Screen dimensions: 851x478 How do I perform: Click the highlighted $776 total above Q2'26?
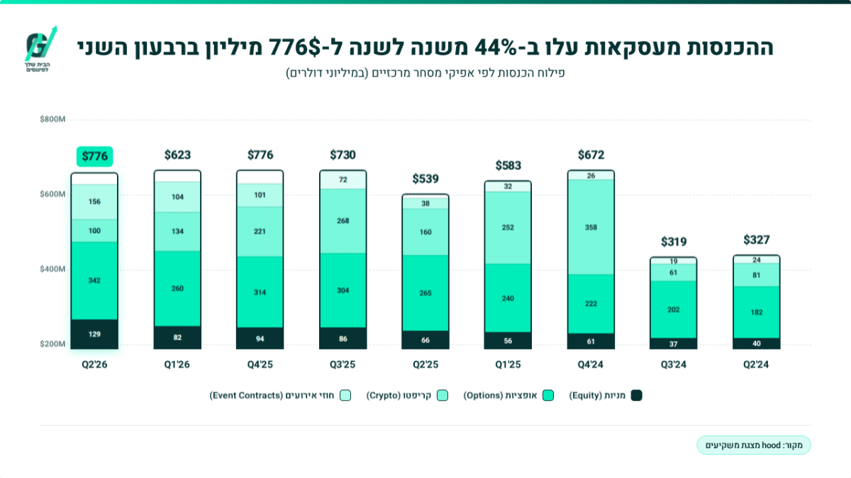94,157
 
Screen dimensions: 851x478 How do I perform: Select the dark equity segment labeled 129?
94,334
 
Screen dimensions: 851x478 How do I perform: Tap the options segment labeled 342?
94,280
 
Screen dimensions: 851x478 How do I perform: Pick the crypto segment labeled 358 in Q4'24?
591,227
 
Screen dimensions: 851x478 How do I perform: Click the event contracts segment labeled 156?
94,202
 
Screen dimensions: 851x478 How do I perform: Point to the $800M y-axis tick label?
52,120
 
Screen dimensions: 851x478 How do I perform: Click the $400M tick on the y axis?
52,269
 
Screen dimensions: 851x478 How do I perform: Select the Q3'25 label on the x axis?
343,365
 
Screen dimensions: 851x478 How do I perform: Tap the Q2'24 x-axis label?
756,365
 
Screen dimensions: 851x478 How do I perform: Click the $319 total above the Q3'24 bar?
674,241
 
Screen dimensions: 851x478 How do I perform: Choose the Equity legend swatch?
636,395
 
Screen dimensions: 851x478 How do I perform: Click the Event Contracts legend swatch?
345,395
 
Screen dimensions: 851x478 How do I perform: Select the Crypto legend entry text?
399,395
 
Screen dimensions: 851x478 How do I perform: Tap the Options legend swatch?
547,395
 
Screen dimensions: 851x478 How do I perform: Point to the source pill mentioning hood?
754,445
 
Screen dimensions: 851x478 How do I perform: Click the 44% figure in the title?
496,47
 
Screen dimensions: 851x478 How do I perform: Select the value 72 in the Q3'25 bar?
343,179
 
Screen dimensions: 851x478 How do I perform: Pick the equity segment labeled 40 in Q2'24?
757,343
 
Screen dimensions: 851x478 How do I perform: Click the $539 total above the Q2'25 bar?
425,178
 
